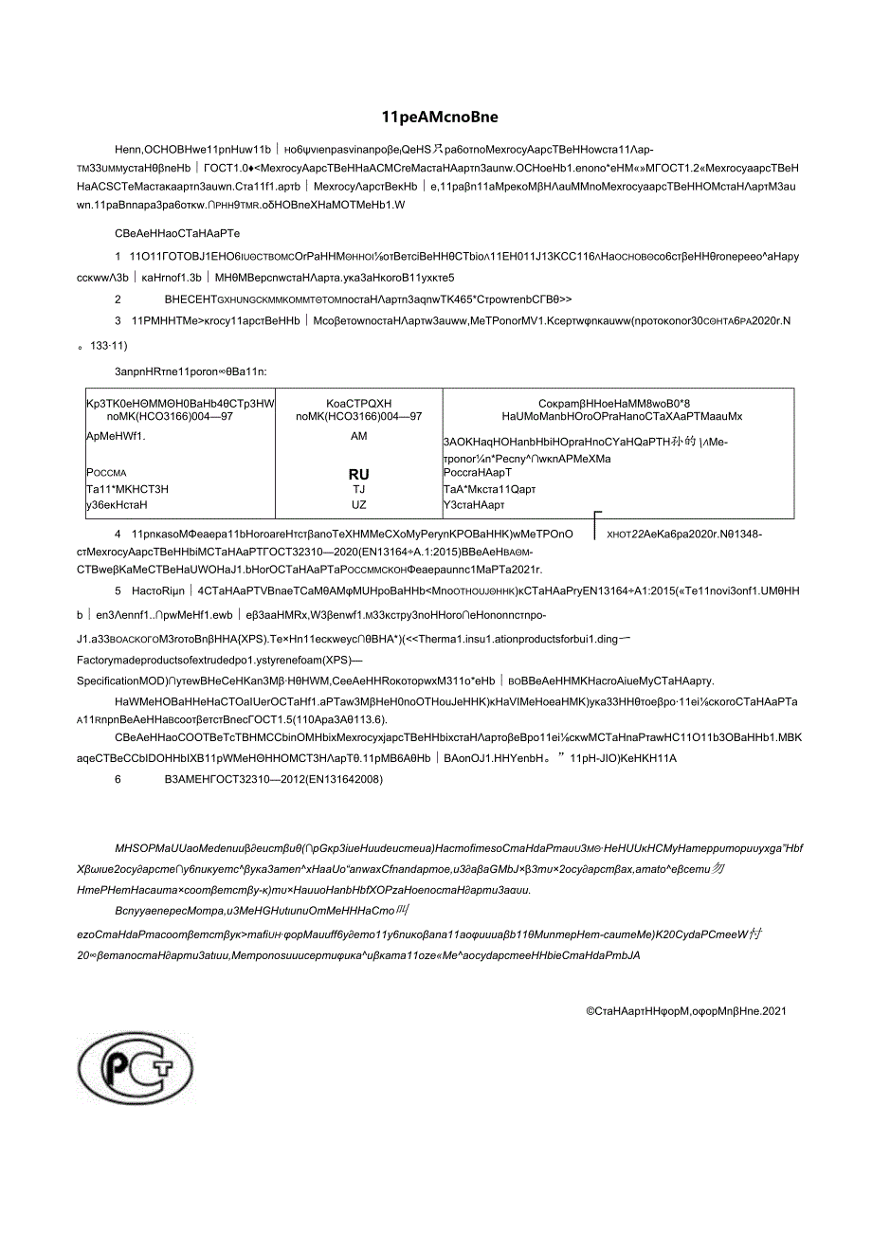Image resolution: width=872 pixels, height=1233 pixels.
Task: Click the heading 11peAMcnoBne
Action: [x=439, y=118]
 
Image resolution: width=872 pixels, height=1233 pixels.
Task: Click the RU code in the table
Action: [x=358, y=474]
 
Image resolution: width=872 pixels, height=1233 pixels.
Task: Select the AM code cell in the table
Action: [x=358, y=436]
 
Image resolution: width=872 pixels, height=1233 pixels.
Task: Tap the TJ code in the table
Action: [x=358, y=489]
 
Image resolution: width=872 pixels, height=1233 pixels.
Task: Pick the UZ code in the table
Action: [x=358, y=504]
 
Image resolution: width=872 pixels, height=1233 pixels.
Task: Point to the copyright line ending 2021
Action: [x=685, y=1011]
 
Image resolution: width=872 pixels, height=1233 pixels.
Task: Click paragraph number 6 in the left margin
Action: [x=118, y=779]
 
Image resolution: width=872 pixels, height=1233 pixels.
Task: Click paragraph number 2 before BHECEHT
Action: [x=118, y=298]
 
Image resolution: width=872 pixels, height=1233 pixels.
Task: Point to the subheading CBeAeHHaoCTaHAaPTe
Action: [x=176, y=231]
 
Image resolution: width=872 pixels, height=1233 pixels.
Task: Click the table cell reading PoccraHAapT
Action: [x=477, y=472]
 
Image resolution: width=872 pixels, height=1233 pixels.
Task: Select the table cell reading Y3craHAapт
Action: [x=475, y=504]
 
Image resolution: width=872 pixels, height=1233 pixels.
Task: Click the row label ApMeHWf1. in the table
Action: [x=117, y=436]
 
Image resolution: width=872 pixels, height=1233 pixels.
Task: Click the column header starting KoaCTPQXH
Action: [x=358, y=408]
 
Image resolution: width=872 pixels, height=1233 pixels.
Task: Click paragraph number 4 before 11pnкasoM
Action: [x=118, y=534]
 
